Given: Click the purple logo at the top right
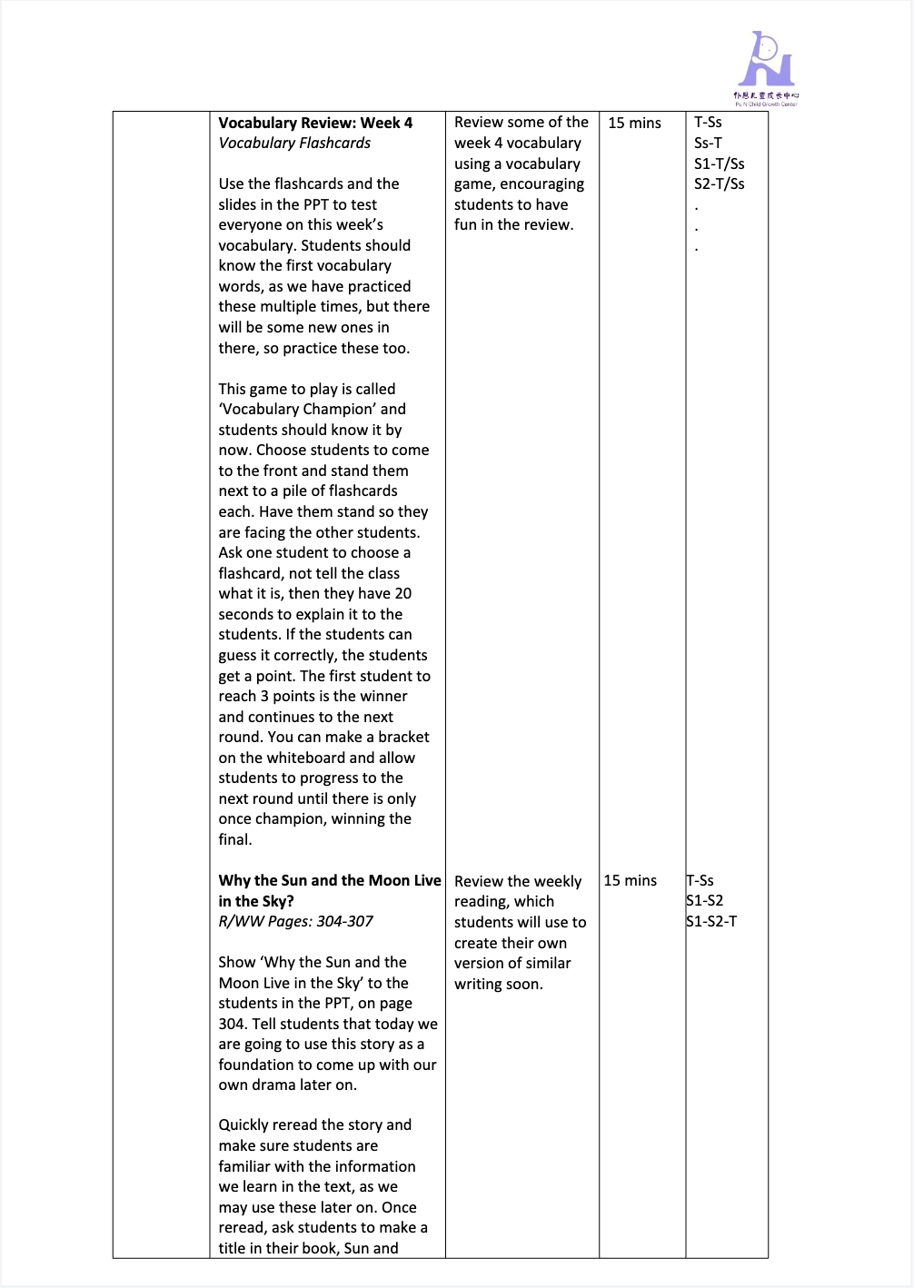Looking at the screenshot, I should pos(766,65).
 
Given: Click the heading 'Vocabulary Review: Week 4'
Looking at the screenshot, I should pos(315,123).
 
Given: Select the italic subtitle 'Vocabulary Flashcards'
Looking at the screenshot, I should pos(294,143).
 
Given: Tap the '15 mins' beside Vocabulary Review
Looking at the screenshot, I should pos(634,123).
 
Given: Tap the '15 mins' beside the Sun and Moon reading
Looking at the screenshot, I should pos(630,880).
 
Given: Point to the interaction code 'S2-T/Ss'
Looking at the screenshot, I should pos(719,183).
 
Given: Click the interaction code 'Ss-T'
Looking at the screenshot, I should pos(708,143).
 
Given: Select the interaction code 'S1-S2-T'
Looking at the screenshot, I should pos(711,921).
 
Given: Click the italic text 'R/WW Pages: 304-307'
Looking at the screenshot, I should pos(295,921).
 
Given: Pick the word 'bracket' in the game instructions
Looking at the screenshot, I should pos(403,737).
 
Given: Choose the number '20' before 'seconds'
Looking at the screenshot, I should pos(402,593).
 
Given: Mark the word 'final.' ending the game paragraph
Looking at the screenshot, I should pos(235,839).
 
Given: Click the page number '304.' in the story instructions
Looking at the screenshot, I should pos(233,1024).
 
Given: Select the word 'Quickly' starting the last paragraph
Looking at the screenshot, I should pos(249,1125).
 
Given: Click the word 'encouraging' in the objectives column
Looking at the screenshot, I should pos(541,183).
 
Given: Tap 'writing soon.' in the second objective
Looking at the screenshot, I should pos(499,984).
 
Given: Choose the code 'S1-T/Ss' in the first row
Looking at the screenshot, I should pos(719,163).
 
